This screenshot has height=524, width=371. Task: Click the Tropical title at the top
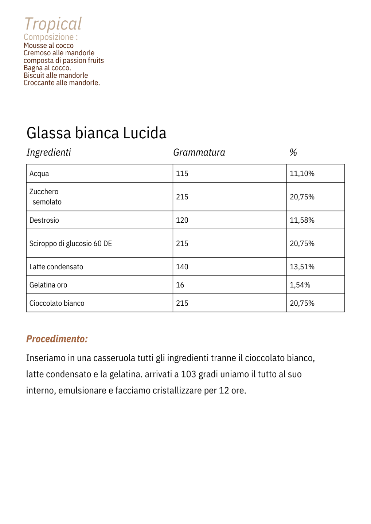click(53, 24)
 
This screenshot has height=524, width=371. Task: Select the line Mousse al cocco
click(48, 45)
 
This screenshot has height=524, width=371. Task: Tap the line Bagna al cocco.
click(47, 68)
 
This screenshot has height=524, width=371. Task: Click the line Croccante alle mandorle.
click(62, 83)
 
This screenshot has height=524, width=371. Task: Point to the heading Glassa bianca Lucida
click(96, 133)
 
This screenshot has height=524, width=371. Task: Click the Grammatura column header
click(199, 152)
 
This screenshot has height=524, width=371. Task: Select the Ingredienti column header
click(49, 152)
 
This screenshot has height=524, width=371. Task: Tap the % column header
click(293, 152)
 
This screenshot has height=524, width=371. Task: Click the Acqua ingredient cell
click(39, 174)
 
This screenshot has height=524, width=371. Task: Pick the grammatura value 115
click(182, 174)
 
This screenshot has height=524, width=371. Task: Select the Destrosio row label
click(44, 220)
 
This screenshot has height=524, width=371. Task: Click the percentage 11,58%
click(302, 220)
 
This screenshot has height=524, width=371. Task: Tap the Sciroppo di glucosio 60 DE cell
click(70, 243)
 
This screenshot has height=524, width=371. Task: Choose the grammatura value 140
click(182, 267)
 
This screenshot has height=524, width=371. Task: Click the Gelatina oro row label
click(48, 285)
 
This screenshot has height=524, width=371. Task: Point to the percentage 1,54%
click(300, 285)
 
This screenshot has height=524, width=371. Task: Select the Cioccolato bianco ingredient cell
click(56, 303)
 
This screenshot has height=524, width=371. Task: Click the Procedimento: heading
click(57, 339)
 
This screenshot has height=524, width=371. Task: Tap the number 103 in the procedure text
click(188, 374)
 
